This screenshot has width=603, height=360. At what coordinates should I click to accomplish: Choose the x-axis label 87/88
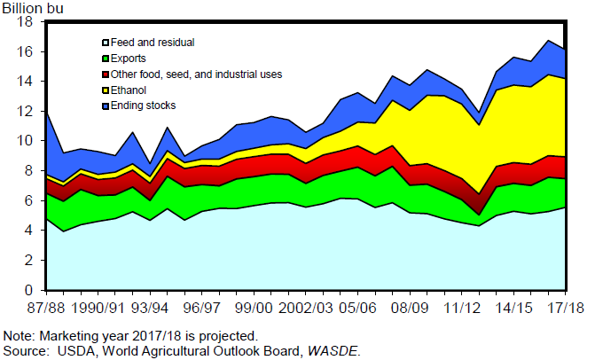tap(45, 308)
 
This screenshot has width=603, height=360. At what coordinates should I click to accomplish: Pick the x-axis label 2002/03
tap(305, 308)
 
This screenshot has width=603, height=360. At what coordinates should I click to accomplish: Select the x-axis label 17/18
tap(564, 308)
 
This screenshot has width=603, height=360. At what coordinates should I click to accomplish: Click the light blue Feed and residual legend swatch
tap(105, 43)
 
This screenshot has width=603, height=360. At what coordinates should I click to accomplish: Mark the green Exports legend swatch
tap(105, 59)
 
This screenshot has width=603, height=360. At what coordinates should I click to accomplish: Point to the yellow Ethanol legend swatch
tap(105, 90)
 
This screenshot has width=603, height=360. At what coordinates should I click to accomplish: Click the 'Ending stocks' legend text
tap(144, 106)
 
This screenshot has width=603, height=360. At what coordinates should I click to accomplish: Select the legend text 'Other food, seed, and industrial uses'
tap(196, 74)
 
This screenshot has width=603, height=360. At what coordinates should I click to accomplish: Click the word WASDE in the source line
tap(334, 350)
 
